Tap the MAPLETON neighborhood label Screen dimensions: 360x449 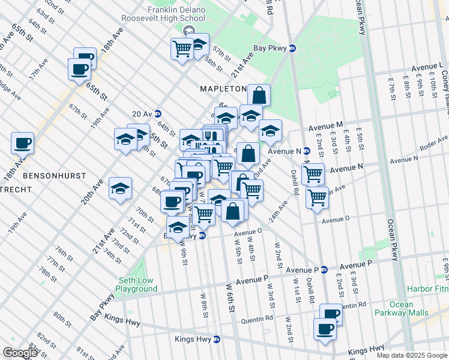(x=223, y=89)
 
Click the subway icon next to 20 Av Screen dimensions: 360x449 (x=158, y=113)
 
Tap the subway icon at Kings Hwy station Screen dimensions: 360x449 (x=217, y=340)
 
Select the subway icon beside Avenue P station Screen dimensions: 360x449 (x=324, y=269)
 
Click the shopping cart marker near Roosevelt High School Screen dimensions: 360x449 (x=181, y=49)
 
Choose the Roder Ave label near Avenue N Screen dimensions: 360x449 (x=404, y=158)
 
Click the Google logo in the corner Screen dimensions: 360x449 (x=20, y=353)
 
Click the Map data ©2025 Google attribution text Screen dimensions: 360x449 (x=411, y=355)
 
